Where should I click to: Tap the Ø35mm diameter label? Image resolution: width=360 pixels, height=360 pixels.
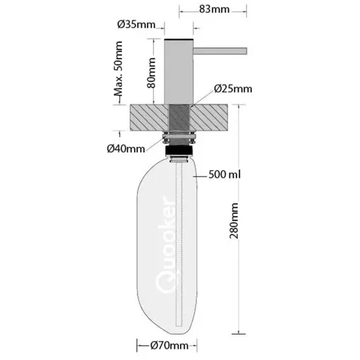137,25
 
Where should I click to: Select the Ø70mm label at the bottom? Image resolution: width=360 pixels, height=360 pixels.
173,345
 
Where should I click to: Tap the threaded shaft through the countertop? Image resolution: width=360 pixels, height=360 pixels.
179,116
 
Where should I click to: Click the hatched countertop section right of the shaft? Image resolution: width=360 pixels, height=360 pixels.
212,116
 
